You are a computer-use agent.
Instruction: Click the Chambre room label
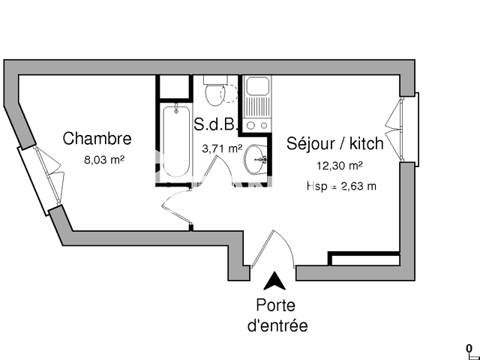[x=97, y=139]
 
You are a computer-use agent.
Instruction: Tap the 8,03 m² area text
[x=104, y=159]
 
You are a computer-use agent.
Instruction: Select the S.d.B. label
[x=216, y=124]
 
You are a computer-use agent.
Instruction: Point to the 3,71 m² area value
[x=222, y=149]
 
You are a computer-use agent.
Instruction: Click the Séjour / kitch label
[x=335, y=143]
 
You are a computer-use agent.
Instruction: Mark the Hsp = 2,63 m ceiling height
[x=341, y=186]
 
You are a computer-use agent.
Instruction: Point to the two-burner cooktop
[x=258, y=125]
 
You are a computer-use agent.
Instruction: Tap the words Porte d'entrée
[x=277, y=316]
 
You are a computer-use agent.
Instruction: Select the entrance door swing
[x=273, y=247]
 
